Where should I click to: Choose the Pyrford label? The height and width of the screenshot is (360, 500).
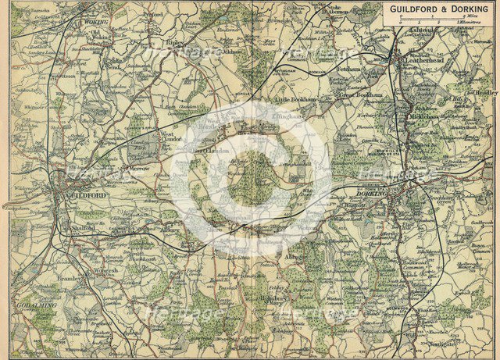[x=153, y=14]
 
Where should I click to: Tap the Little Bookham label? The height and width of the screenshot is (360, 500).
[x=293, y=102]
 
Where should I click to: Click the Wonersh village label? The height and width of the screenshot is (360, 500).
[x=105, y=272]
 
